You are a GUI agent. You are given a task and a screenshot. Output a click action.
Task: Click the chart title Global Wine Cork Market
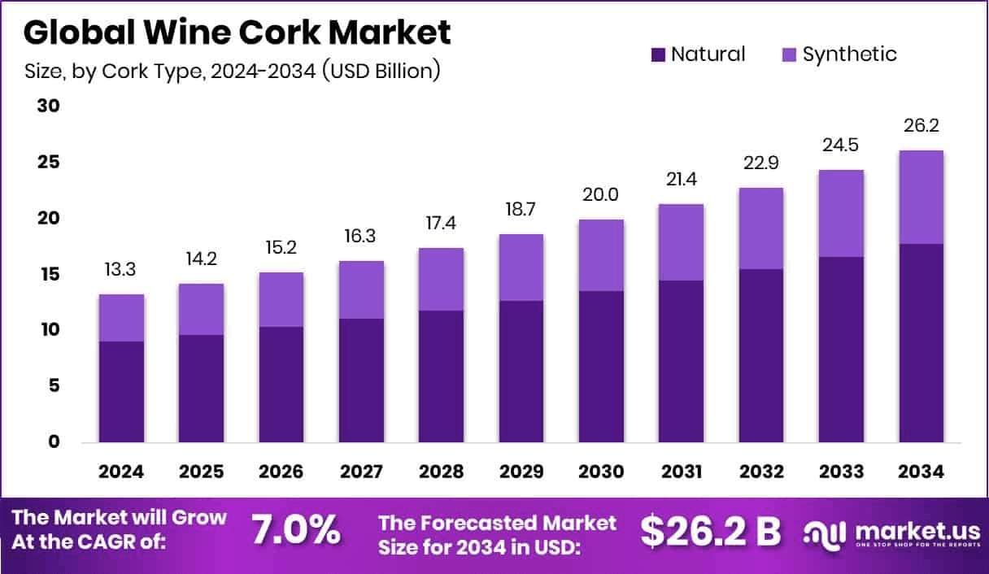(x=237, y=33)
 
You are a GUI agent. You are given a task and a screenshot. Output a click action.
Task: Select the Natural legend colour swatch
(x=658, y=55)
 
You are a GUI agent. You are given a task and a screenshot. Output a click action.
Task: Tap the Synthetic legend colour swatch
(x=789, y=55)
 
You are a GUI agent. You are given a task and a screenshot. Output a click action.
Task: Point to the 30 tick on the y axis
(x=49, y=107)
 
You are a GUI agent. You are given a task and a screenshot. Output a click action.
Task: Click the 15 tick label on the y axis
(x=49, y=275)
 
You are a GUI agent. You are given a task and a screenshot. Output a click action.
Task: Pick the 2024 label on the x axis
(x=121, y=472)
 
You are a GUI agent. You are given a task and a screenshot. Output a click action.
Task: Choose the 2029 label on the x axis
(x=521, y=472)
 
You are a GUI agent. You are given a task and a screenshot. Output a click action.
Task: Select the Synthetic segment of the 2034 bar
(x=921, y=197)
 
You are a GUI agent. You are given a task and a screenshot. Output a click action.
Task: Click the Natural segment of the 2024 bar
(x=121, y=392)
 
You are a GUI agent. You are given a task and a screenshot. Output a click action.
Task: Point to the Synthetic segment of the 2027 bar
(x=361, y=289)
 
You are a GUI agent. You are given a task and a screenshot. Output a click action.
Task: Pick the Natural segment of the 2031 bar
(x=681, y=362)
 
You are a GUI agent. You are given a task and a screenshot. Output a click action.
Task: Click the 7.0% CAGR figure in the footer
(x=295, y=530)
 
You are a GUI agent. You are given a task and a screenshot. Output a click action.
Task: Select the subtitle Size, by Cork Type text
(x=232, y=71)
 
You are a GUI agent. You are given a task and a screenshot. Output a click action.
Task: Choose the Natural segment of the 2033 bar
(x=841, y=350)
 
